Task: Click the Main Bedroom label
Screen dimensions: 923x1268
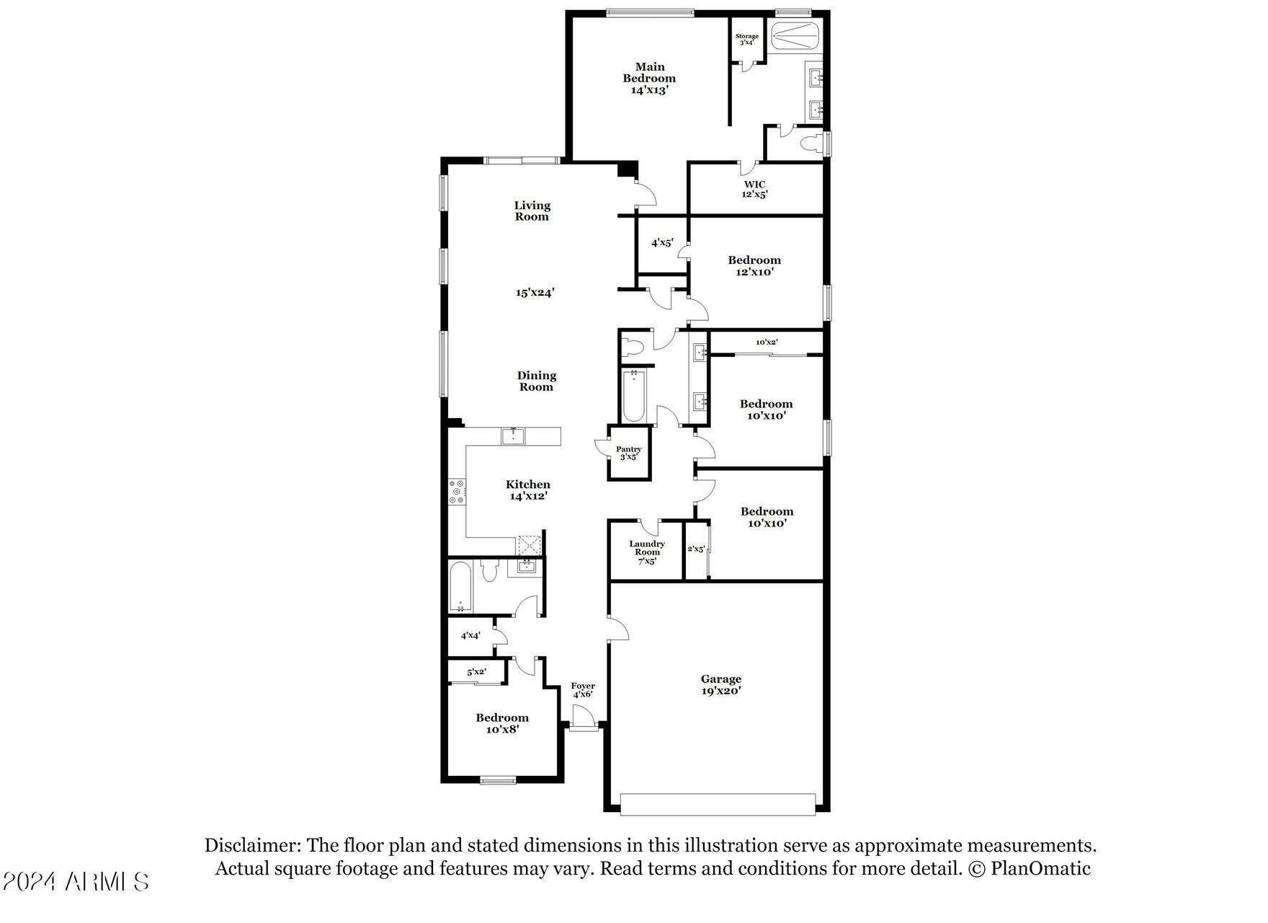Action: pos(649,78)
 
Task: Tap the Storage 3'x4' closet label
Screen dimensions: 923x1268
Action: pos(746,39)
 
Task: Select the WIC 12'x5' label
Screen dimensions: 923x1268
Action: pos(754,189)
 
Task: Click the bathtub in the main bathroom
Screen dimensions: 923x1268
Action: pos(795,36)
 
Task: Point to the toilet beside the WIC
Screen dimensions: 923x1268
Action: pos(812,142)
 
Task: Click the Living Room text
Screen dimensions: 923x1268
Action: pos(532,211)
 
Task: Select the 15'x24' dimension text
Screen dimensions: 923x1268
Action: pos(535,292)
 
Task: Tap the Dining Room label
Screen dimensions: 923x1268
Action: pos(536,381)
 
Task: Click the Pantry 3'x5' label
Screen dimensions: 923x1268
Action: pos(628,452)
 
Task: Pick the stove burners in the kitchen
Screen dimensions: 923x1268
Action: pos(457,492)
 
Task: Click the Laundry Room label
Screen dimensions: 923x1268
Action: pos(646,552)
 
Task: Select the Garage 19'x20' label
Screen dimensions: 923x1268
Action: pos(720,684)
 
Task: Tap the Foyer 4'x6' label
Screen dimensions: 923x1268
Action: pos(583,689)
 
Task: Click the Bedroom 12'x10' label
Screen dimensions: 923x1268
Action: pos(754,265)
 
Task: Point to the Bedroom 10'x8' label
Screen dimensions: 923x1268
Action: pos(501,723)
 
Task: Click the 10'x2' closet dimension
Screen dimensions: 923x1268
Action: pos(766,342)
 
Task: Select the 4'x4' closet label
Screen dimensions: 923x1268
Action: pos(470,635)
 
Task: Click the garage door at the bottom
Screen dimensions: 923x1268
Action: pos(718,804)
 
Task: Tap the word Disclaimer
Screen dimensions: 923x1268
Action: pos(251,845)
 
